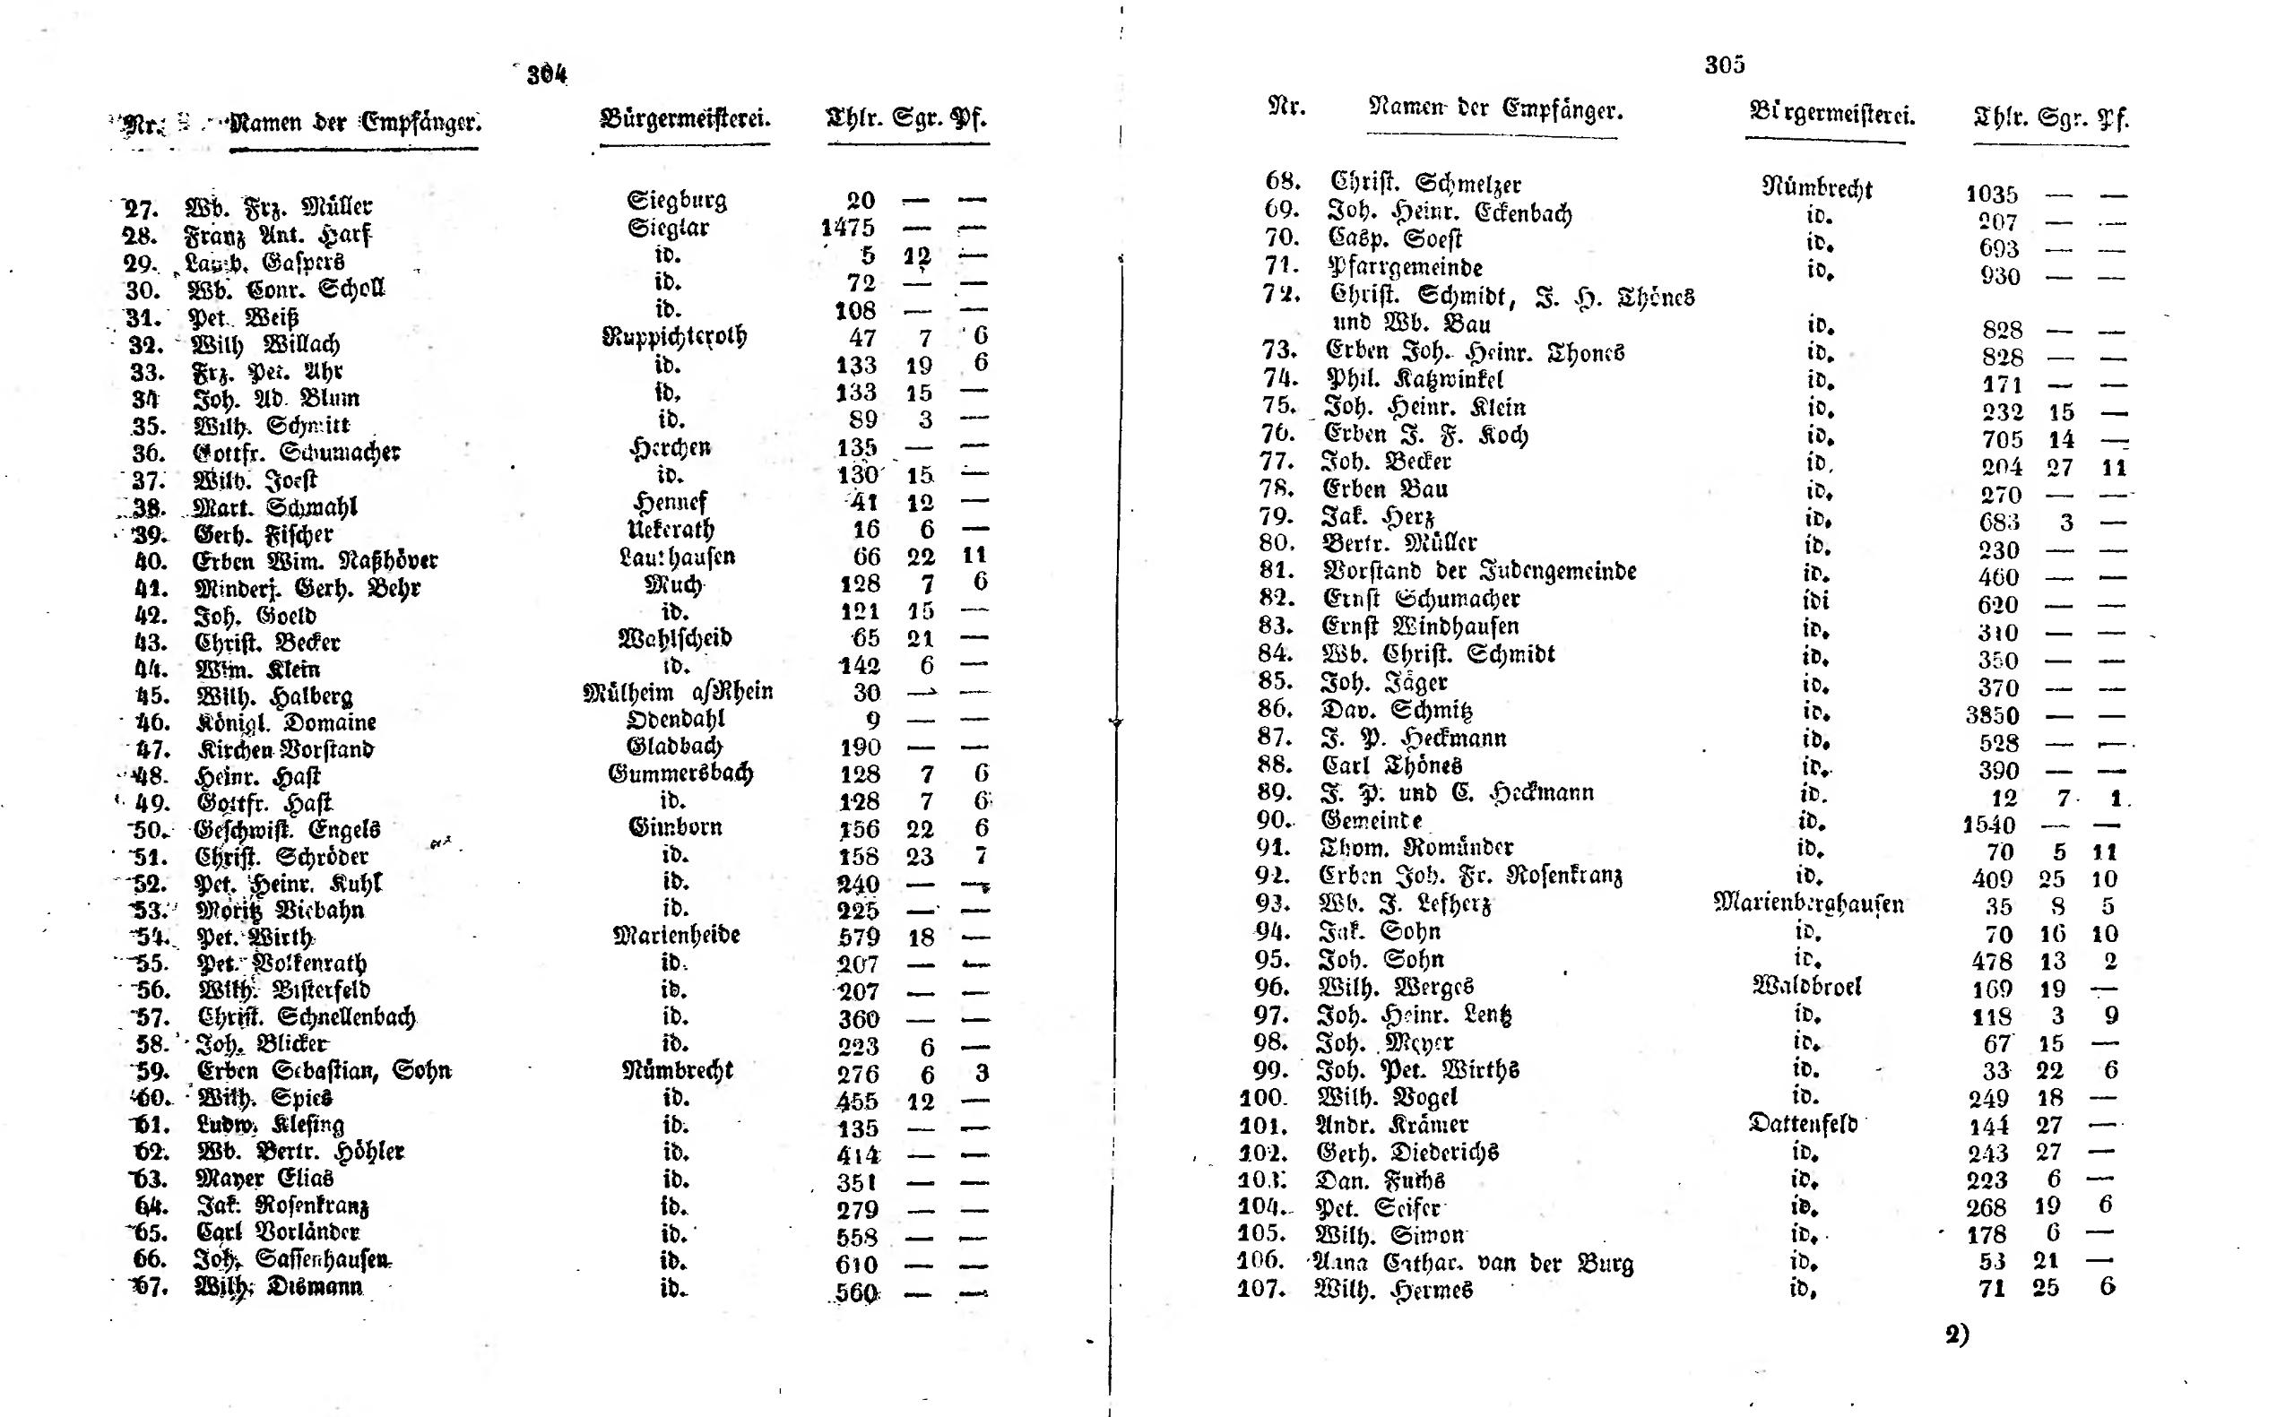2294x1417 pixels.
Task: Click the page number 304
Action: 547,73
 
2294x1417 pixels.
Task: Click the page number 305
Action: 1724,64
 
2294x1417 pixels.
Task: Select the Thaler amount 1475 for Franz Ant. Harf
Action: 847,228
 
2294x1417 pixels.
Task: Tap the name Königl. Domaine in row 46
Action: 286,722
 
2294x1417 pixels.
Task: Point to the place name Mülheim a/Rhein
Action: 678,692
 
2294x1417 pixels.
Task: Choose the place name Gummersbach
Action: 680,773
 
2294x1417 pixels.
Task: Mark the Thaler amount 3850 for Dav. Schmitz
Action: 1991,715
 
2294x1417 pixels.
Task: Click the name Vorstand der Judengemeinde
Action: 1480,570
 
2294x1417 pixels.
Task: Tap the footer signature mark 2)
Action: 1957,1335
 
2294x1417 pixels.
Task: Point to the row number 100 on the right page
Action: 1263,1097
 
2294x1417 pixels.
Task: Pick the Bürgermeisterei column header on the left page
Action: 685,119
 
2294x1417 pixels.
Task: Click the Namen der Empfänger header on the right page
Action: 1494,108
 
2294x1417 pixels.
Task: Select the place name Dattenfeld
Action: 1802,1123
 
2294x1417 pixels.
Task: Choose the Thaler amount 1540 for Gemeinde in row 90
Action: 1987,825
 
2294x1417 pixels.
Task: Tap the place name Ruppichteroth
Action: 674,335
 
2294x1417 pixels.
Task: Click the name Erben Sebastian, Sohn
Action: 325,1070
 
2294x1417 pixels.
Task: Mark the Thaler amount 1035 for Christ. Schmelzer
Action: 1990,194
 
